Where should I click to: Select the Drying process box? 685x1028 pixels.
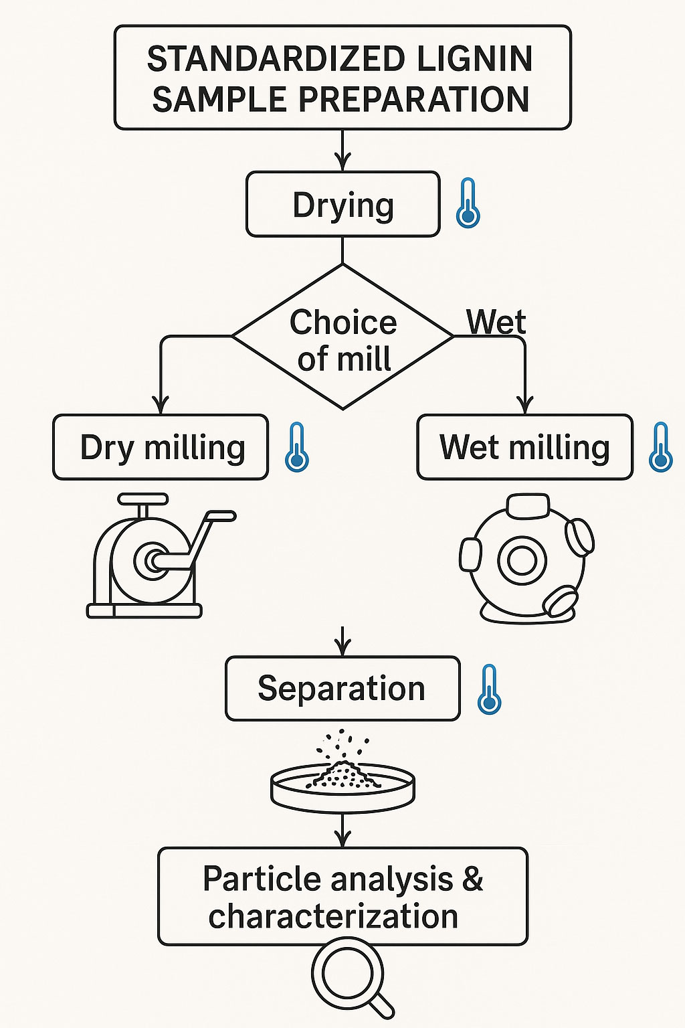pos(342,205)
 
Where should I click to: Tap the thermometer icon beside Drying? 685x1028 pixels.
pos(468,203)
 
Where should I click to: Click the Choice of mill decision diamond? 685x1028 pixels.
pos(342,337)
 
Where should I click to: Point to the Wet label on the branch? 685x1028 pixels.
pos(496,322)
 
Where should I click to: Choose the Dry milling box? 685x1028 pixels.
pos(161,447)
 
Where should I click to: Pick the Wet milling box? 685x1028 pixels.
pos(524,447)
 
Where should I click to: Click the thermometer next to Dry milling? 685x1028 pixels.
pos(297,447)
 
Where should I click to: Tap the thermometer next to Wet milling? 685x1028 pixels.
pos(661,447)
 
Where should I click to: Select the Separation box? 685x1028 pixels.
pos(342,689)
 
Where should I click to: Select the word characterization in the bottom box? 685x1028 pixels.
pos(333,916)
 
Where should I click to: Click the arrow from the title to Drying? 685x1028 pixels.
pos(342,151)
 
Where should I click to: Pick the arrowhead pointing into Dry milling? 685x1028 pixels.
pos(161,406)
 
